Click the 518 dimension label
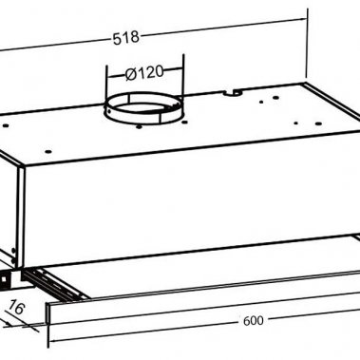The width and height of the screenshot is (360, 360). [125, 37]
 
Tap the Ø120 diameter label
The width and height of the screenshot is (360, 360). [144, 73]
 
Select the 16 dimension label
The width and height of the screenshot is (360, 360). [16, 307]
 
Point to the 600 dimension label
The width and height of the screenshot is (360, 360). [253, 321]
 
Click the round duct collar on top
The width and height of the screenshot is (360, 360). [144, 109]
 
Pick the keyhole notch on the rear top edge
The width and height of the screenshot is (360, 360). [235, 92]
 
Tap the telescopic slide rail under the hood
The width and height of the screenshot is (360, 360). [54, 283]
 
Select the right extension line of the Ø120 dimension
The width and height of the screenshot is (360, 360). [183, 76]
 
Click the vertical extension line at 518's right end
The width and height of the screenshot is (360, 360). [307, 43]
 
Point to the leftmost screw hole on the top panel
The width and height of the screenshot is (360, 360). [6, 125]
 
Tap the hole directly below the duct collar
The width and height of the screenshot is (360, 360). [139, 126]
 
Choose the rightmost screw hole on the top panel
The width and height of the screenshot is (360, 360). [319, 123]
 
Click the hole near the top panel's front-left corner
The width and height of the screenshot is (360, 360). [48, 151]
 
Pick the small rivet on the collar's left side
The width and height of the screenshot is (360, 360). [109, 111]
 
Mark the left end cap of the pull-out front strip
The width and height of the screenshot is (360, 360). [47, 313]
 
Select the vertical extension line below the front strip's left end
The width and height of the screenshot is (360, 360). [48, 336]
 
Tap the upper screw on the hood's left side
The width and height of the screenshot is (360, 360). [13, 251]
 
